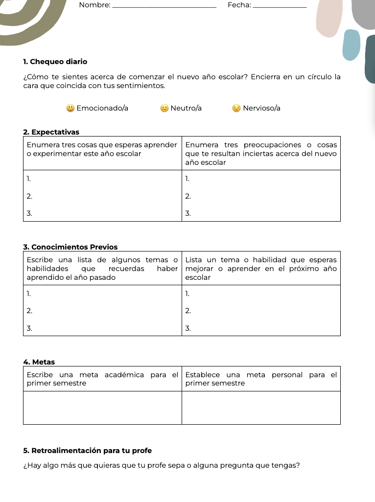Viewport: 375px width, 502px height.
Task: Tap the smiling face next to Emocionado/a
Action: (70, 108)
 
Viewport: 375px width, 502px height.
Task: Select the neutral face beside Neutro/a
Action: (164, 108)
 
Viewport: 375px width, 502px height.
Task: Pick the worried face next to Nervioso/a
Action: (236, 108)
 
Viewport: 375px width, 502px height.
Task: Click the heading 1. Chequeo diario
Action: (55, 62)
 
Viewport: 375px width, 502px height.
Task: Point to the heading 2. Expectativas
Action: (51, 132)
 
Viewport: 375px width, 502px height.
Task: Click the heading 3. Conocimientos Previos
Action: (70, 246)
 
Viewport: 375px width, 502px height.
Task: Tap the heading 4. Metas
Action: (39, 362)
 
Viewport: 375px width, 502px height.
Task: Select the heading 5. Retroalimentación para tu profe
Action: (87, 450)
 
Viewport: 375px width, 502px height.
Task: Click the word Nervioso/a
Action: (261, 108)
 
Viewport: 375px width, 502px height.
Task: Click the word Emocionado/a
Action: (102, 108)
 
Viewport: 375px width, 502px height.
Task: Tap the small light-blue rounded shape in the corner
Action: (351, 45)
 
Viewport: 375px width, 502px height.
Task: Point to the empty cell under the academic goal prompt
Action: (102, 408)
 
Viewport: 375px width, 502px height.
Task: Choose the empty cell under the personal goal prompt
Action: (261, 408)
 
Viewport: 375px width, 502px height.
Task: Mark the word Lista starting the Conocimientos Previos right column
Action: (194, 260)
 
